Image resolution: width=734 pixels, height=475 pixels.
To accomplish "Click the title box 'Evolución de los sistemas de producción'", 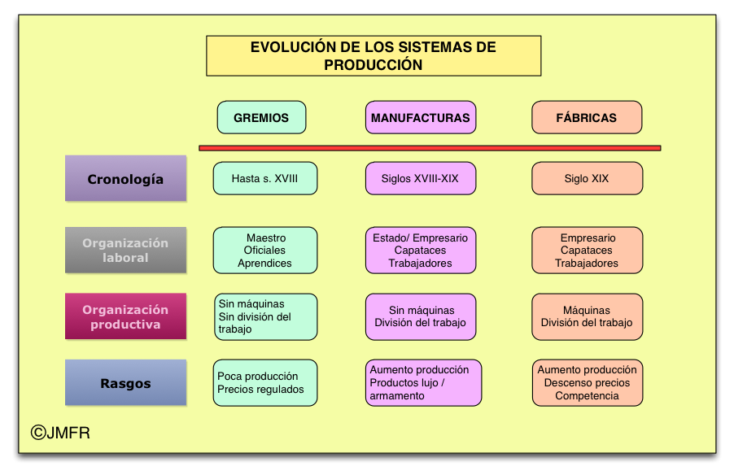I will pos(374,56).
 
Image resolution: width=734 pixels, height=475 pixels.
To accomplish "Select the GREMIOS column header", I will pos(261,117).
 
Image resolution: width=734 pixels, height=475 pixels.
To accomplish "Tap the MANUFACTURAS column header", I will pos(420,117).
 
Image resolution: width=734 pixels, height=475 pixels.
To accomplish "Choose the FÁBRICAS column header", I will pos(587,117).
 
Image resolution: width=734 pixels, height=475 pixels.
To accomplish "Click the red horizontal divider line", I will pos(430,148).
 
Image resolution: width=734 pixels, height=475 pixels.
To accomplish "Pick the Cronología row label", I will pos(125,179).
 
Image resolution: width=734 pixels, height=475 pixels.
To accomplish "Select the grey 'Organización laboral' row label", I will pos(125,250).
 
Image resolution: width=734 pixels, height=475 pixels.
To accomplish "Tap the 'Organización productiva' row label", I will pos(125,316).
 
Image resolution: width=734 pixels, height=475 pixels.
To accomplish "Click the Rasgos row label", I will pos(125,383).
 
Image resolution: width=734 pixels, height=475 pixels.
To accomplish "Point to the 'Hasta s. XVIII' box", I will pos(264,178).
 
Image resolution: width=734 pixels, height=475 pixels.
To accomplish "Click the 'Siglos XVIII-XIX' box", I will pos(420,178).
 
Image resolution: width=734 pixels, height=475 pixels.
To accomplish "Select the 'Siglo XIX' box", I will pos(587,178).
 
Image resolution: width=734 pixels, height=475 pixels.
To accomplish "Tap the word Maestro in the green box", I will pos(266,237).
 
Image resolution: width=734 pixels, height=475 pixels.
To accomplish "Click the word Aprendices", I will pos(264,264).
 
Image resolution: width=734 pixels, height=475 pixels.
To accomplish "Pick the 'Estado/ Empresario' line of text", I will pos(420,237).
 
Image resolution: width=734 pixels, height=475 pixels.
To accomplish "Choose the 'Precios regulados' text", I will pos(260,390).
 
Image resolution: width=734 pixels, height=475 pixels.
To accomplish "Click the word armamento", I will pos(397,396).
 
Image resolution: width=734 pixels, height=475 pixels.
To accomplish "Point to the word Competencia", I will pos(587,396).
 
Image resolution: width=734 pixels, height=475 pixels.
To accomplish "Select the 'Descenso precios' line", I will pos(587,383).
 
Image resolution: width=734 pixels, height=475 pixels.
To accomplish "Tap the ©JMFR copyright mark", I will pos(60,434).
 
